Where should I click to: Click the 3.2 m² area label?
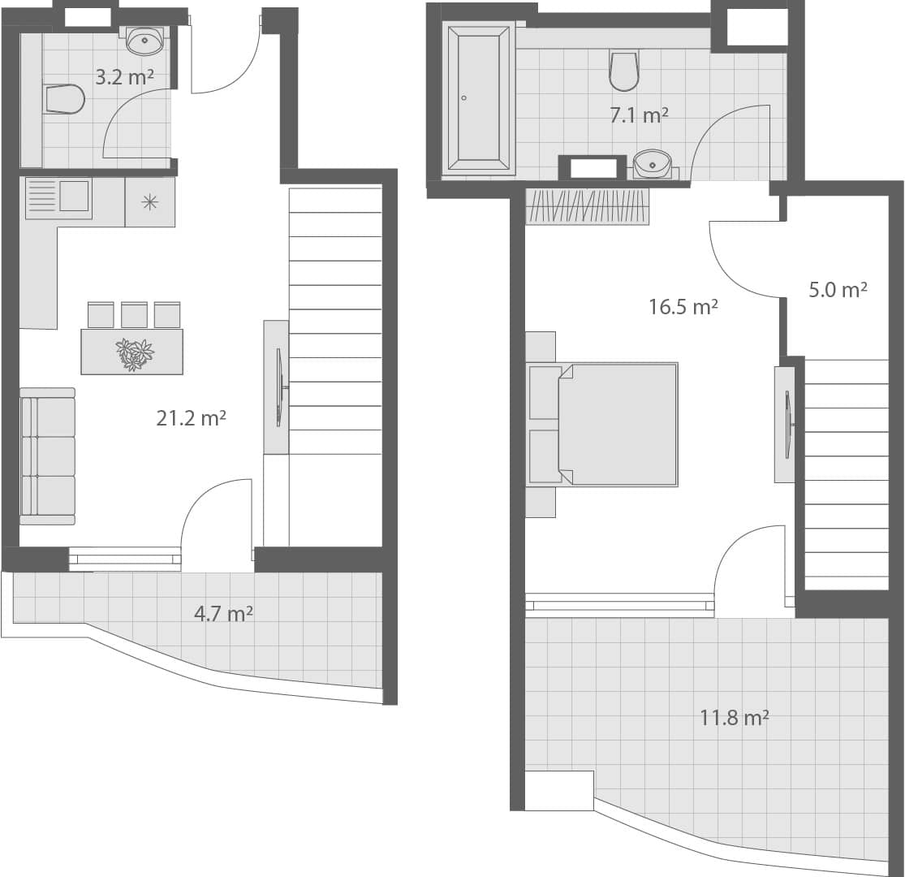[x=124, y=78]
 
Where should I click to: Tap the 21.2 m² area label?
[x=191, y=418]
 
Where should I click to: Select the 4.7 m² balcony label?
[x=223, y=613]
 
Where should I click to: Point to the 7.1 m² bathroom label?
[x=639, y=115]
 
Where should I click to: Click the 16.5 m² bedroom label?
[x=683, y=307]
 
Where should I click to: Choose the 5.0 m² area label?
[x=838, y=290]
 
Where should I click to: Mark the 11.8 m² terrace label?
[x=735, y=717]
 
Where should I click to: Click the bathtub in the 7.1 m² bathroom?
[x=479, y=97]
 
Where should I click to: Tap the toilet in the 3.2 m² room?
[x=65, y=99]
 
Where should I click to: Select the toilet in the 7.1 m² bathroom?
[x=624, y=71]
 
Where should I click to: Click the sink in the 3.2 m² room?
[x=145, y=39]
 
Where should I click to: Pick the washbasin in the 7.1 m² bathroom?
[x=652, y=163]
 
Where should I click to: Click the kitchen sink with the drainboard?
[x=58, y=197]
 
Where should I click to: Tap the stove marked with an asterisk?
[x=150, y=202]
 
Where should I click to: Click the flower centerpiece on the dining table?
[x=134, y=353]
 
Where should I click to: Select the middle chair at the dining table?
[x=134, y=314]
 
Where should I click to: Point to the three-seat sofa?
[x=48, y=456]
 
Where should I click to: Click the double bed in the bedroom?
[x=602, y=424]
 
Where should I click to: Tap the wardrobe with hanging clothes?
[x=588, y=206]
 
